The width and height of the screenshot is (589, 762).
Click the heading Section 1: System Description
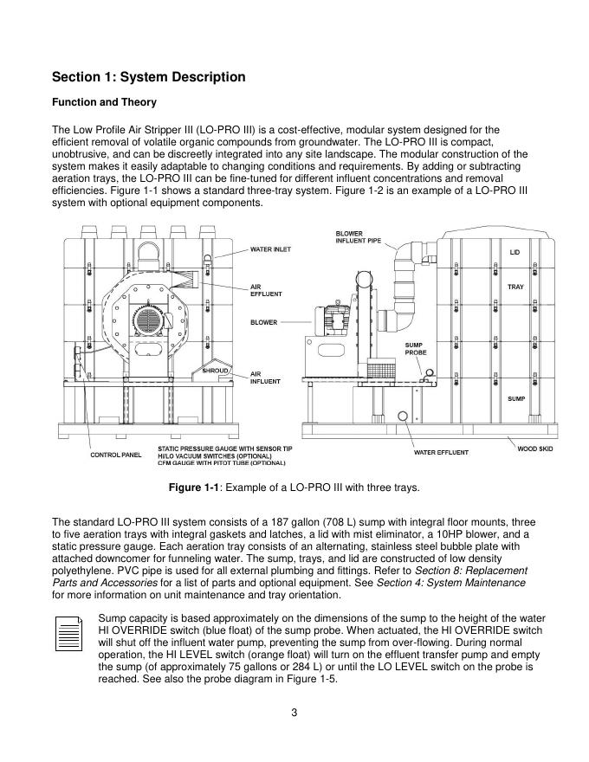click(149, 77)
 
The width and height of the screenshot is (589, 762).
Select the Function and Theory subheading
click(104, 102)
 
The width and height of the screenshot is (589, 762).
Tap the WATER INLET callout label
click(270, 249)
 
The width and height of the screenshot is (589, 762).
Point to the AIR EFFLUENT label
click(266, 290)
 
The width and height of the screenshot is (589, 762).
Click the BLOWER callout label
click(264, 322)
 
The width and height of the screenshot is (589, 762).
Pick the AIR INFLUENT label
click(265, 378)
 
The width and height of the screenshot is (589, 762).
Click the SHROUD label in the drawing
click(215, 371)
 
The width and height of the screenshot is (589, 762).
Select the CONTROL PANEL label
click(116, 455)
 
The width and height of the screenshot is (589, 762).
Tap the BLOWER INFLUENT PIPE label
click(358, 237)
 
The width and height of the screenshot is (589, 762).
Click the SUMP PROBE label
click(416, 348)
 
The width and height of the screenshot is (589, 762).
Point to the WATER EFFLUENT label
click(441, 452)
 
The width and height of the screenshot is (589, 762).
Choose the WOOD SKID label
click(534, 449)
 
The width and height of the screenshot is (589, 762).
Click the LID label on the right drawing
click(515, 252)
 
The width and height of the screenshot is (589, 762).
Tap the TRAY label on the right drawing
click(515, 287)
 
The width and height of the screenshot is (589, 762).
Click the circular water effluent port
click(403, 416)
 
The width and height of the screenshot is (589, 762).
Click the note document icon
click(68, 634)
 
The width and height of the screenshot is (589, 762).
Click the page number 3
click(294, 713)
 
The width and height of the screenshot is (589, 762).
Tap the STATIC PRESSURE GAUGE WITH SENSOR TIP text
click(225, 449)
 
